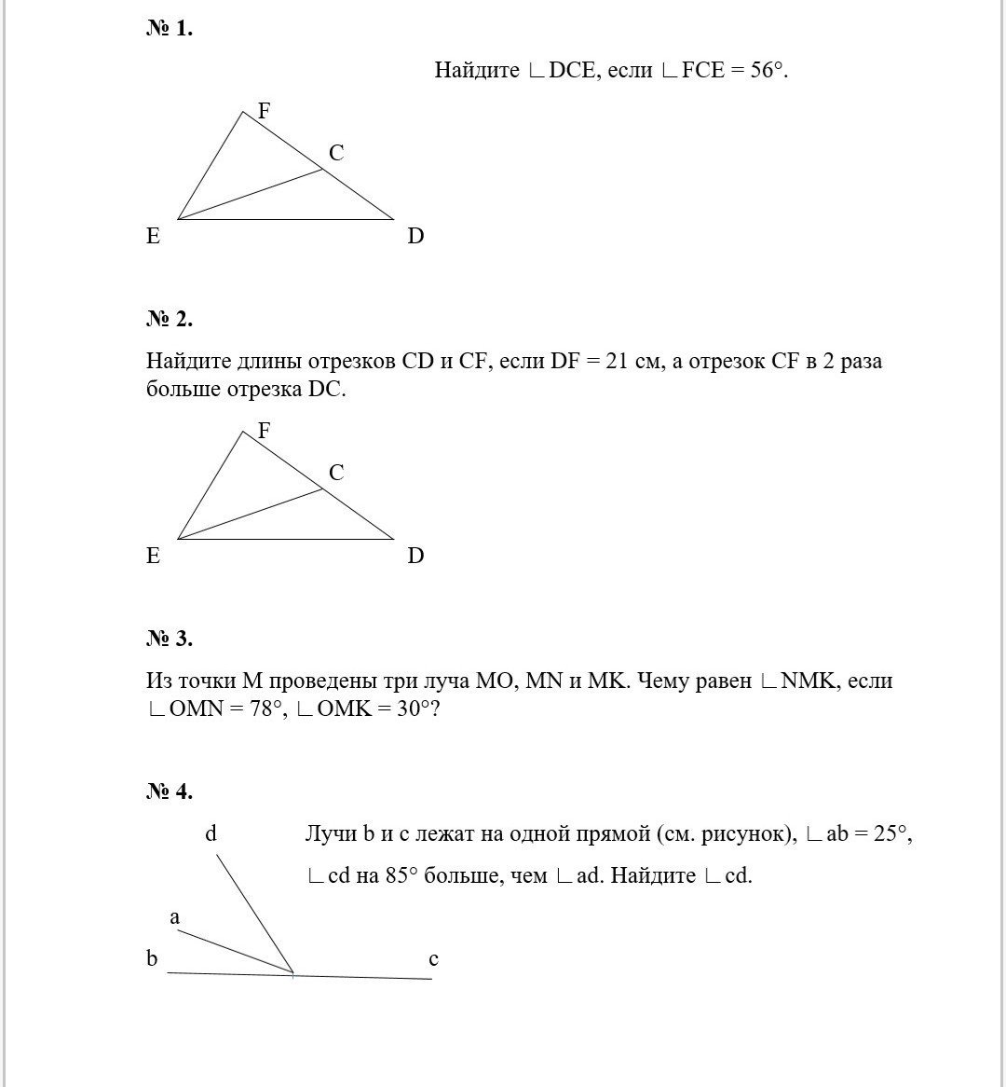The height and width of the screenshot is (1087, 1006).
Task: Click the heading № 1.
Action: pyautogui.click(x=169, y=29)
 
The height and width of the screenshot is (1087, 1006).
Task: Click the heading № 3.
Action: pyautogui.click(x=169, y=639)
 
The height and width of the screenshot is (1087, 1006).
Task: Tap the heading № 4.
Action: pyautogui.click(x=169, y=791)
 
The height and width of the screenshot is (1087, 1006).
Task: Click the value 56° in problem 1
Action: pyautogui.click(x=767, y=70)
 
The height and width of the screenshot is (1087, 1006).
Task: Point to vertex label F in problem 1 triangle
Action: pyautogui.click(x=264, y=111)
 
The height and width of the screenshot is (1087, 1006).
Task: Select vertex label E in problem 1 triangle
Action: pyautogui.click(x=154, y=236)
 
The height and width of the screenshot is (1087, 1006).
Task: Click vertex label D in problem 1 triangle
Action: pyautogui.click(x=415, y=236)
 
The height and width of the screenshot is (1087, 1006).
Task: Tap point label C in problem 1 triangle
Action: pyautogui.click(x=336, y=153)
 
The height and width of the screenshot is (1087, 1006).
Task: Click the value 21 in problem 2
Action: pyautogui.click(x=618, y=361)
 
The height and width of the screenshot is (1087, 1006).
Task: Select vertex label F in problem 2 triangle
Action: pyautogui.click(x=264, y=431)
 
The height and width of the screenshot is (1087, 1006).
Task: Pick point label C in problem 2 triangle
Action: pyautogui.click(x=336, y=473)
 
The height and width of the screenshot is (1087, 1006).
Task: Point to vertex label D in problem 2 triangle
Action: pyautogui.click(x=415, y=556)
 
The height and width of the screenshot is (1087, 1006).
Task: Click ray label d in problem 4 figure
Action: pyautogui.click(x=211, y=833)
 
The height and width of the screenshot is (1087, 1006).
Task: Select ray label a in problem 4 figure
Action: pyautogui.click(x=175, y=917)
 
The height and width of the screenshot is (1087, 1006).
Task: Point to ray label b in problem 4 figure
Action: pyautogui.click(x=152, y=958)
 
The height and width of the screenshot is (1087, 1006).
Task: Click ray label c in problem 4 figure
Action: pyautogui.click(x=433, y=959)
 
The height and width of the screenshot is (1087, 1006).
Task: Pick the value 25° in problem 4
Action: pyautogui.click(x=890, y=833)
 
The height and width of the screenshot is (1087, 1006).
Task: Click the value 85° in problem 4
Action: pyautogui.click(x=401, y=875)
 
